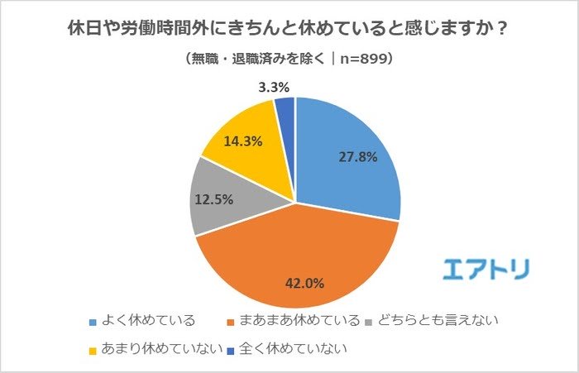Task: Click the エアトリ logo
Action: click(485, 269)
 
